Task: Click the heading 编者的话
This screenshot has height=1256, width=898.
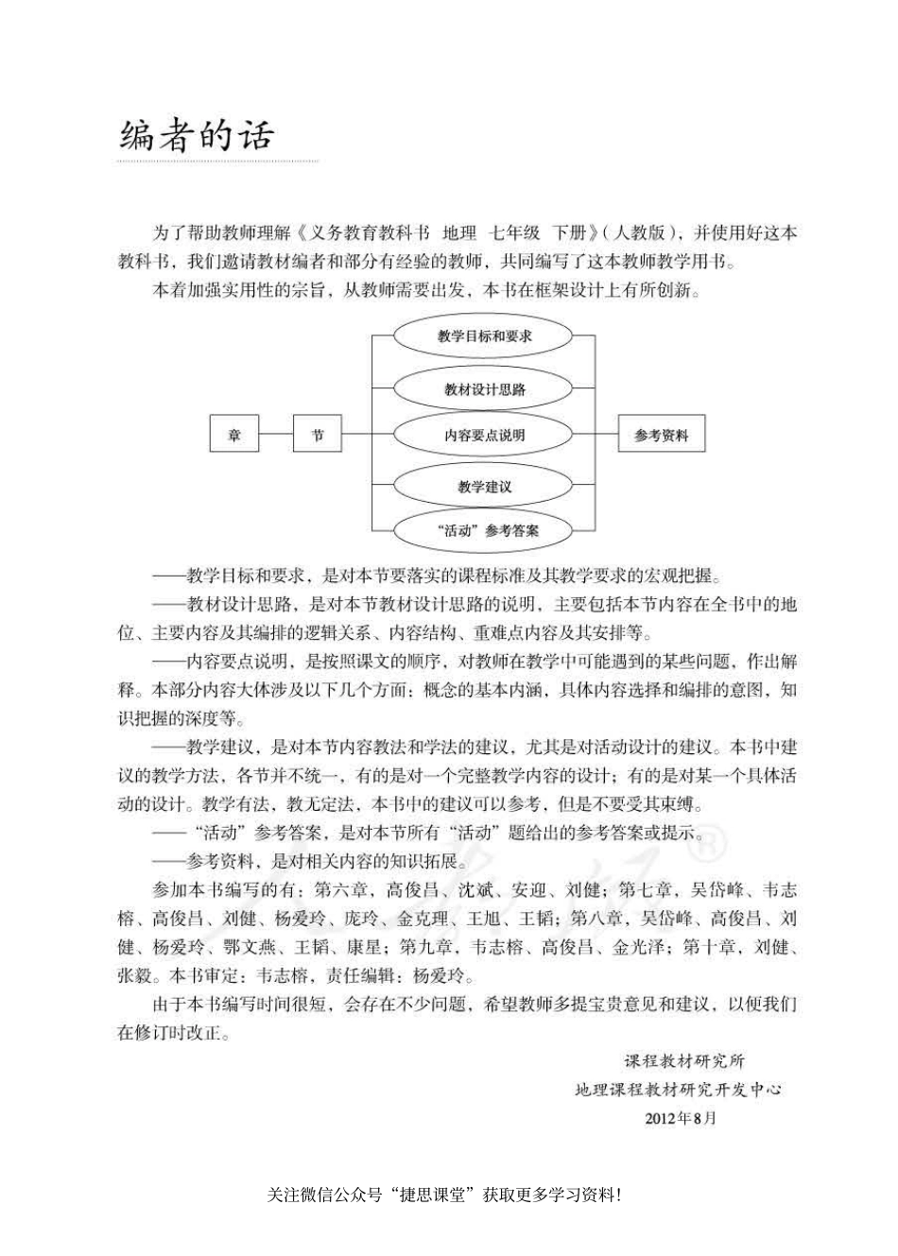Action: tap(196, 135)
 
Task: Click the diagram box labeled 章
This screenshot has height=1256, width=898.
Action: tap(233, 436)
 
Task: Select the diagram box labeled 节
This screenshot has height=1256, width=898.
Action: tap(318, 436)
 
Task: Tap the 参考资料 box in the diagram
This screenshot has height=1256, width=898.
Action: tap(661, 436)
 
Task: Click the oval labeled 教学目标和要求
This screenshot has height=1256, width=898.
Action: tap(483, 336)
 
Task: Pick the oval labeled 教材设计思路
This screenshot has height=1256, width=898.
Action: tap(483, 388)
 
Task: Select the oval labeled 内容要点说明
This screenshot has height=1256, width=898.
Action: tap(483, 436)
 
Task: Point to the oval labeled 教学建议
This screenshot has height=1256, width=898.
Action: tap(483, 487)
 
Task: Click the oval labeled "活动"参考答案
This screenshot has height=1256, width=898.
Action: tap(483, 530)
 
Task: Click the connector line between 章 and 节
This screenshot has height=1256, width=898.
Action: tap(276, 436)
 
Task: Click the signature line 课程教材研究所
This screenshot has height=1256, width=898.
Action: tap(683, 1061)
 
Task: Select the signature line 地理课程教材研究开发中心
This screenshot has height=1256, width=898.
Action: tap(679, 1090)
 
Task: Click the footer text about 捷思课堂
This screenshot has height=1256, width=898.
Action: tap(444, 1195)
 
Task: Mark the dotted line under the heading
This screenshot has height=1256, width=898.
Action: tap(217, 162)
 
